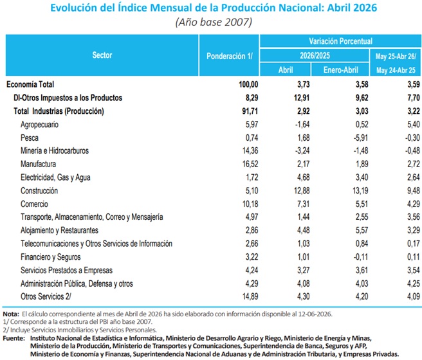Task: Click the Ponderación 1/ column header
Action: pyautogui.click(x=229, y=56)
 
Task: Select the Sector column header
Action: pyautogui.click(x=102, y=55)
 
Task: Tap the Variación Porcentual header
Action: pyautogui.click(x=340, y=41)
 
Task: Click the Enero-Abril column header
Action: pyautogui.click(x=340, y=70)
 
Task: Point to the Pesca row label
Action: pyautogui.click(x=30, y=138)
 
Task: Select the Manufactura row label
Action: pyautogui.click(x=38, y=164)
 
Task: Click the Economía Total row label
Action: pyautogui.click(x=30, y=84)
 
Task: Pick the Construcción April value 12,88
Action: pyautogui.click(x=302, y=191)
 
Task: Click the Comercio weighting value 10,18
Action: pyautogui.click(x=250, y=204)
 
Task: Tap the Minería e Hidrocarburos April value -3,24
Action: pyautogui.click(x=302, y=150)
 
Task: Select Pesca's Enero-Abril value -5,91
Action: pyautogui.click(x=361, y=138)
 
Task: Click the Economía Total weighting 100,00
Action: pyautogui.click(x=248, y=84)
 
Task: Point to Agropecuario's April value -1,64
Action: pyautogui.click(x=302, y=124)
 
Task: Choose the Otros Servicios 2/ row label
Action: pyautogui.click(x=46, y=296)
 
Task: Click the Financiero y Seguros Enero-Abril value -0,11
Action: pyautogui.click(x=361, y=256)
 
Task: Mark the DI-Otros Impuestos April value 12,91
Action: pyautogui.click(x=302, y=98)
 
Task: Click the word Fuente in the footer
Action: pyautogui.click(x=14, y=338)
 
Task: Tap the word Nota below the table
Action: pyautogui.click(x=11, y=314)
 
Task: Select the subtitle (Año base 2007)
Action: pyautogui.click(x=214, y=22)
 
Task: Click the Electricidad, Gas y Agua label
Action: pyautogui.click(x=55, y=177)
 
